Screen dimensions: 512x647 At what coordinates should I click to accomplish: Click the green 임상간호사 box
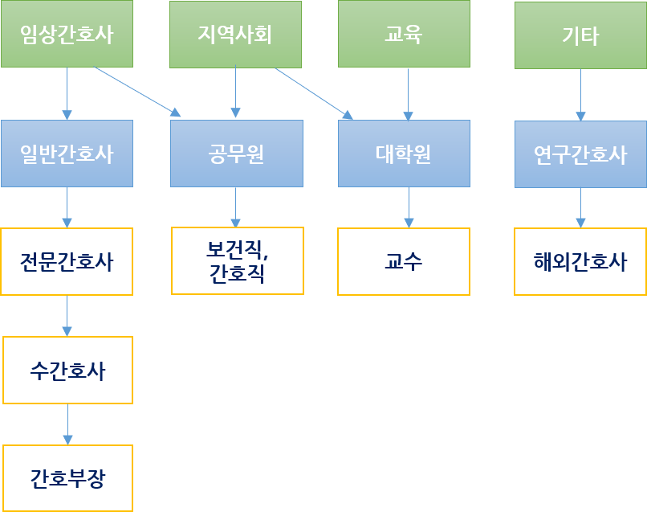(67, 35)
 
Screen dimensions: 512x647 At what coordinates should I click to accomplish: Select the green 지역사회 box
(235, 35)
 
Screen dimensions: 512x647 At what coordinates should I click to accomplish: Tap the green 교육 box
(404, 35)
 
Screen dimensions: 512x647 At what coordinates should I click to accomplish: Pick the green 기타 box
(580, 36)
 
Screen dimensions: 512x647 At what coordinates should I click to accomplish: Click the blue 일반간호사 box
(67, 154)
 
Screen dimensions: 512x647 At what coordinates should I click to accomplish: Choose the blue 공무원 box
(237, 154)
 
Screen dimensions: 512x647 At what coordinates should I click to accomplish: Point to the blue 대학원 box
(404, 154)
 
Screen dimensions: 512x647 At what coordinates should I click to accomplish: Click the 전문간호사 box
(67, 262)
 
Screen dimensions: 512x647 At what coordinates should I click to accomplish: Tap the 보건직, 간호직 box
(238, 261)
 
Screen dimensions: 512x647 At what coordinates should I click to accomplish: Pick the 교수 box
(404, 262)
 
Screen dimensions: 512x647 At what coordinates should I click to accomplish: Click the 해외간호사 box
(580, 262)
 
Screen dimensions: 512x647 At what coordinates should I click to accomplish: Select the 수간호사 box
(67, 370)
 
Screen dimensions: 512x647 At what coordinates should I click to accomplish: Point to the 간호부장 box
(67, 478)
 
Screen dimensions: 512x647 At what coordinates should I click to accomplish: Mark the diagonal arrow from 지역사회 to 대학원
(313, 93)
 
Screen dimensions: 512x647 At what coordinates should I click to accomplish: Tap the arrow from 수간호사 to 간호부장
(67, 424)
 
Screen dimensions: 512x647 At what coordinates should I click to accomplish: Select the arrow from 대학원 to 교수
(409, 207)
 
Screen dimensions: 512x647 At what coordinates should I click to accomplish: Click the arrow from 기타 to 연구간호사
(580, 95)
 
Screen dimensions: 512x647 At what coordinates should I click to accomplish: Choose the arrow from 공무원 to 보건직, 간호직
(236, 207)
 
